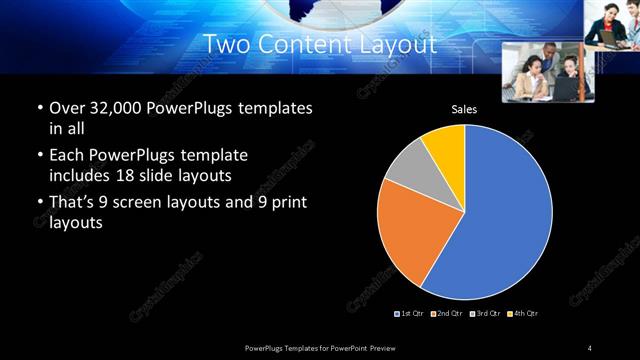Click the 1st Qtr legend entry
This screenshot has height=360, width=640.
coord(410,314)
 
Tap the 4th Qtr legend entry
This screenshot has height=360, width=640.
coord(523,314)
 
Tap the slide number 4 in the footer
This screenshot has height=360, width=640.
coord(590,347)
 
